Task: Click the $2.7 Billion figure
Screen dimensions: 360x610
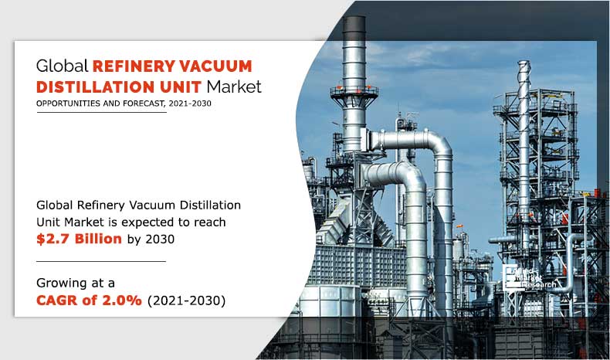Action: click(x=79, y=239)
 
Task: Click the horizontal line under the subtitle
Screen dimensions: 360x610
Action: click(x=100, y=113)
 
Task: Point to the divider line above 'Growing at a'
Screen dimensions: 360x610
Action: click(x=100, y=261)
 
